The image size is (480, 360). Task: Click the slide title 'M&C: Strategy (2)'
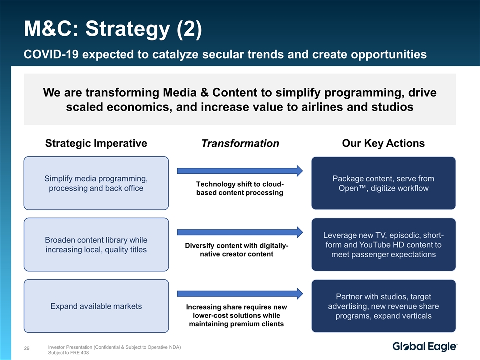(113, 29)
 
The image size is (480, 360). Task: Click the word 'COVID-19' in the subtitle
(51, 54)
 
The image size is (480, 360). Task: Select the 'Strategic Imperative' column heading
(96, 143)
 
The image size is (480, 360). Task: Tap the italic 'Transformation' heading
(240, 143)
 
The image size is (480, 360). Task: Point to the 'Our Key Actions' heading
(383, 143)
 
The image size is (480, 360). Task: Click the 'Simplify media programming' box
(96, 183)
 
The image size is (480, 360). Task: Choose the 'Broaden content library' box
(96, 245)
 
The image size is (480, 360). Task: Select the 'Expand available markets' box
(96, 306)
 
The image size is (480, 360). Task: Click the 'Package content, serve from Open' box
(384, 183)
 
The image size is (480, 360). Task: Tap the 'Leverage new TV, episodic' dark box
(384, 245)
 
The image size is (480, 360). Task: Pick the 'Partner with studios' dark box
(384, 306)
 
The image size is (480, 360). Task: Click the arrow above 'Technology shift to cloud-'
(240, 171)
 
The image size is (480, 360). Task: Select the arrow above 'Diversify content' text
(240, 232)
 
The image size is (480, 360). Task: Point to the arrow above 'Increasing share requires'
(240, 294)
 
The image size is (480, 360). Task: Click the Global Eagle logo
(425, 346)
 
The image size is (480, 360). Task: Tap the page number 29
(27, 348)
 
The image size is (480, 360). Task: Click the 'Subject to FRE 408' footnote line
(68, 353)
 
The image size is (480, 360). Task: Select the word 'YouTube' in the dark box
(375, 245)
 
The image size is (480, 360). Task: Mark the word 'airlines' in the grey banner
(322, 107)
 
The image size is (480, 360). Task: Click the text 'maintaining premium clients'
(236, 324)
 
